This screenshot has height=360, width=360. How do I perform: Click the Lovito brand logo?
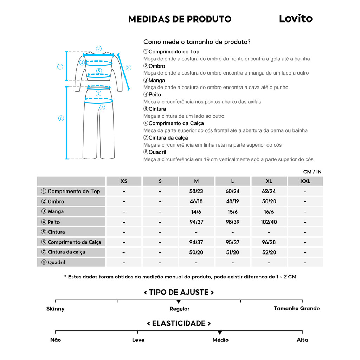(x=296, y=19)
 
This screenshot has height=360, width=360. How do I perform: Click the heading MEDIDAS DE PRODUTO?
(x=180, y=19)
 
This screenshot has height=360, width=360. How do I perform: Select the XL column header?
(x=269, y=181)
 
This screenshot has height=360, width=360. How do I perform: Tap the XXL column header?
(x=305, y=181)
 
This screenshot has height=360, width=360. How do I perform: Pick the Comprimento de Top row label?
(x=71, y=191)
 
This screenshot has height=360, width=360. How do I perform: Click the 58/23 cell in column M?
(x=196, y=192)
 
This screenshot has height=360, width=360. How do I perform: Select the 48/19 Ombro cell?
(x=232, y=202)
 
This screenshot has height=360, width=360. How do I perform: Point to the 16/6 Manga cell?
(x=269, y=212)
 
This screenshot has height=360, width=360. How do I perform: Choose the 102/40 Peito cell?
(x=269, y=222)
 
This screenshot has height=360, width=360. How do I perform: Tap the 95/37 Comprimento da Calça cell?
(x=232, y=242)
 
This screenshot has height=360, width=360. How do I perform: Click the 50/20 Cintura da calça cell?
(x=196, y=252)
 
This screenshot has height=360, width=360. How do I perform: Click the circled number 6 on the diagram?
(x=61, y=118)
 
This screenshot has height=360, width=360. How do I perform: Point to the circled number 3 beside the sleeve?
(x=128, y=67)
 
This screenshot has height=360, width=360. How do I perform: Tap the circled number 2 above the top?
(x=99, y=49)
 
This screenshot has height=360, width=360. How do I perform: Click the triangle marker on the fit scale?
(x=179, y=302)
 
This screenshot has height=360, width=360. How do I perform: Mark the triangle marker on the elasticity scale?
(x=220, y=333)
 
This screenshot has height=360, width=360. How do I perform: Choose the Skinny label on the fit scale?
(x=56, y=309)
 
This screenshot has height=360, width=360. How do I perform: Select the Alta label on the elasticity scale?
(x=302, y=340)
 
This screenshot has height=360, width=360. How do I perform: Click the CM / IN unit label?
(x=312, y=172)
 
